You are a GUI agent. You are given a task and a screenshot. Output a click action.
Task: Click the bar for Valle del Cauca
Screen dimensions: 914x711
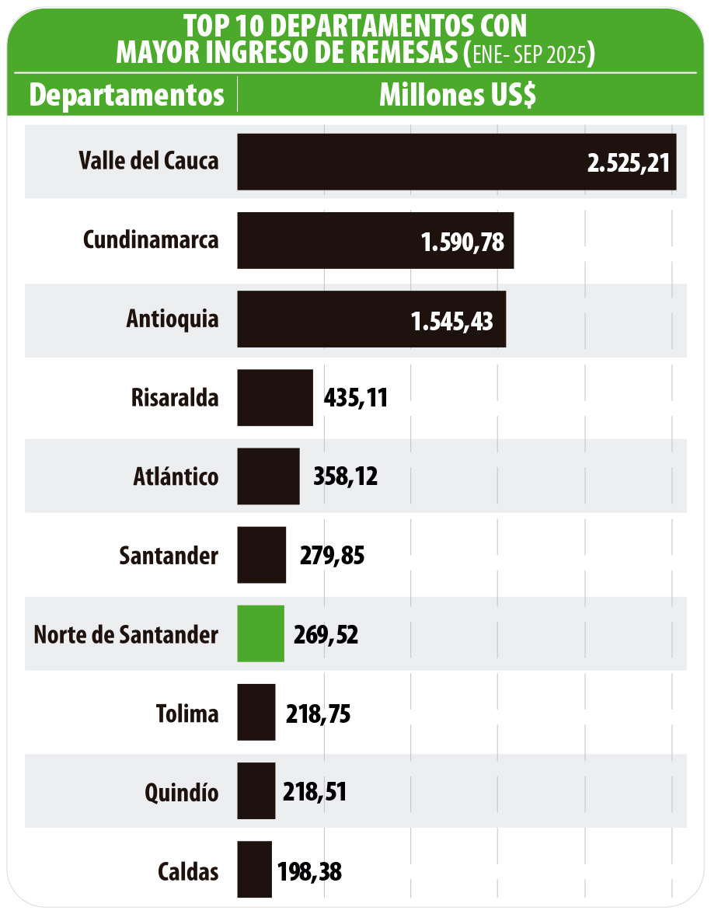456,162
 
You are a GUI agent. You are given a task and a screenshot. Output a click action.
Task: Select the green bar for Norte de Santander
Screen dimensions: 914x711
260,634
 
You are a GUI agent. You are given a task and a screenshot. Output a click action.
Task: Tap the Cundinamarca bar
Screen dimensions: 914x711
375,241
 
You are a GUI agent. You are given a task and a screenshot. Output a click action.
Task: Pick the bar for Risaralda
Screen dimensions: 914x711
275,398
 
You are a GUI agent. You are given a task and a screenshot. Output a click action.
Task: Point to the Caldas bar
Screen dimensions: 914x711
254,870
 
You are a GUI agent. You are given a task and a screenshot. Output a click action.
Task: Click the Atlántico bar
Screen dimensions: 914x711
268,476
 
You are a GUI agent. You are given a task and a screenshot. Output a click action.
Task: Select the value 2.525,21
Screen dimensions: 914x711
628,162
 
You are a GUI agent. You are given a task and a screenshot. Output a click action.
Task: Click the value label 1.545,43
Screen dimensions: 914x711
452,320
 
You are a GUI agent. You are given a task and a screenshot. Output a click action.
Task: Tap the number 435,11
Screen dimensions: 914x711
355,399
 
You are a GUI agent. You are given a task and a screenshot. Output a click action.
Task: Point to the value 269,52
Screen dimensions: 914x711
326,635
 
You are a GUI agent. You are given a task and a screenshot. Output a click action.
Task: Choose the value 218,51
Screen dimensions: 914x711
314,792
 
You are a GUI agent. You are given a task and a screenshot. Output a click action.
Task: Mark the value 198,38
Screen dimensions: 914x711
309,871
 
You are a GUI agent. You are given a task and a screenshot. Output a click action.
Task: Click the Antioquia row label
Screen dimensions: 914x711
173,320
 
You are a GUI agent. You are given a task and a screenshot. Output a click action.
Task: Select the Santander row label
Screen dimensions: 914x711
169,556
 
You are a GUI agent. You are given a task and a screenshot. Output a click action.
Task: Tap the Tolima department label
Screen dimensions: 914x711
187,713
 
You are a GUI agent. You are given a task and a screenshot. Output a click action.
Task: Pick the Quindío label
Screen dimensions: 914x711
181,793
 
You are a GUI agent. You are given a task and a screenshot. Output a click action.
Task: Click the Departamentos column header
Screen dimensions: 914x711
127,95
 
